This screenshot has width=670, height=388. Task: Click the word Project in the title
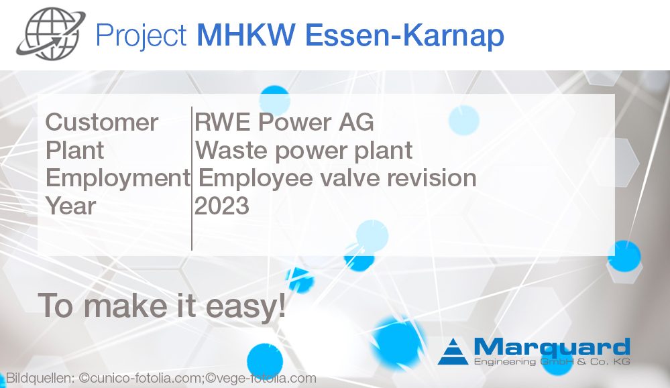pos(141,35)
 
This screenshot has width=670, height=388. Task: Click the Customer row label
pos(102,123)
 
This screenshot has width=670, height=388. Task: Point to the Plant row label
pos(74,150)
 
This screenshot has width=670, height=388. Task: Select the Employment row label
pos(117,178)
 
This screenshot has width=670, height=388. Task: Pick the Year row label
pos(70,206)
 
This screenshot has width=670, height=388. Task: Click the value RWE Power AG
pos(284,123)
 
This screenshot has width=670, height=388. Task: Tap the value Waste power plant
pos(304,150)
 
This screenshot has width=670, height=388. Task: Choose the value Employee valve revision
pos(337,178)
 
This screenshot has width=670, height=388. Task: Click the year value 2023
pos(222,206)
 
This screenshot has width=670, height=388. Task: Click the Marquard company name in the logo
pos(551,347)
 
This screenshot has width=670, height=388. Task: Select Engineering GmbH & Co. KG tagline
pos(551,362)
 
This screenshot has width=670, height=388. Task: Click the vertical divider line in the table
pos(192,178)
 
